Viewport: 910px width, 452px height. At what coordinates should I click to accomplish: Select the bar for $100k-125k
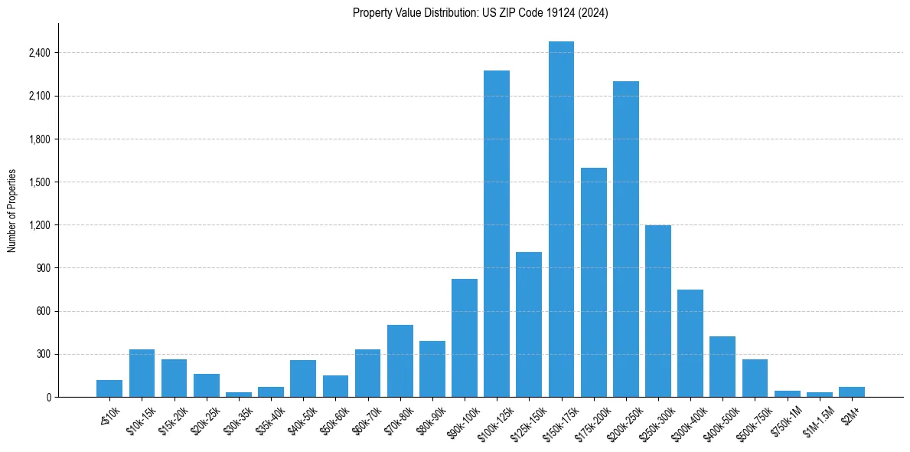pos(497,234)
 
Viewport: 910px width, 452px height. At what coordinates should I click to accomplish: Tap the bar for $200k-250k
pos(626,239)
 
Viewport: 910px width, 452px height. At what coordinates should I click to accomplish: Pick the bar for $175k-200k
pos(593,282)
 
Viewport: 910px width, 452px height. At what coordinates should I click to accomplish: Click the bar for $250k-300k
pos(658,311)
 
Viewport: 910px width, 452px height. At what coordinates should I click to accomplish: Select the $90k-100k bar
pos(465,338)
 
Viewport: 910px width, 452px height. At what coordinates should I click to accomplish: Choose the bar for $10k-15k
pos(142,373)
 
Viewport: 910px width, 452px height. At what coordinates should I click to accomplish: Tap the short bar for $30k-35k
pos(239,395)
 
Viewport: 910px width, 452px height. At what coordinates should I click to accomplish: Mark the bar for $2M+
pos(852,391)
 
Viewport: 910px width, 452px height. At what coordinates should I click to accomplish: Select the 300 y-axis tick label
pos(43,354)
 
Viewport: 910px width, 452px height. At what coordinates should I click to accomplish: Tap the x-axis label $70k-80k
pos(400,418)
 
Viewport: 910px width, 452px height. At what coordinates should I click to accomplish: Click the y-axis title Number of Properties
pos(12,210)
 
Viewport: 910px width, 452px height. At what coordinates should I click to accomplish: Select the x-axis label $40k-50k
pos(303,418)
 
